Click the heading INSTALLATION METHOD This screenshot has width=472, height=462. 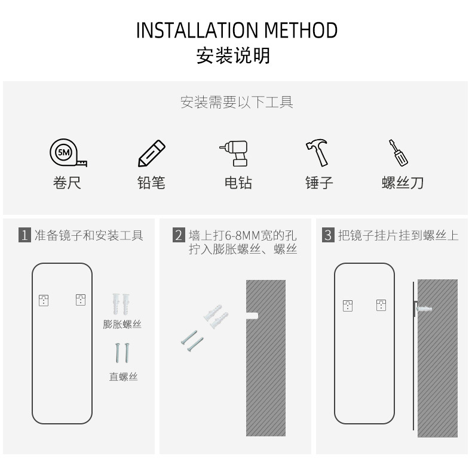point(237,30)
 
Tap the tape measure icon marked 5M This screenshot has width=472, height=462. point(66,153)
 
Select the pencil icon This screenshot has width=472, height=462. point(152,153)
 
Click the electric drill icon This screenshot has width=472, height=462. point(234,153)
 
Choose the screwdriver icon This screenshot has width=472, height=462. point(398,153)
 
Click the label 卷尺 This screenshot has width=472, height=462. point(67,183)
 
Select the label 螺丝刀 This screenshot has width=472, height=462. point(403,183)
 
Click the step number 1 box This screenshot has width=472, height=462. point(24,235)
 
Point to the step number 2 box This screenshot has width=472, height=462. point(178,235)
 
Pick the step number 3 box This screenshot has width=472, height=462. point(327,235)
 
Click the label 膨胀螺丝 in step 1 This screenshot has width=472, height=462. point(122,325)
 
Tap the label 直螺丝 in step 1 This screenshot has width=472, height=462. point(123,377)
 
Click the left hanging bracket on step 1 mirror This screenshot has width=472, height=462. point(44,300)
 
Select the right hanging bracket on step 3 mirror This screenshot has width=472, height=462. point(381,306)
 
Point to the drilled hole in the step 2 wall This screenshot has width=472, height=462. point(252,313)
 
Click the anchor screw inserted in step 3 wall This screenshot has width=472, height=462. point(424,308)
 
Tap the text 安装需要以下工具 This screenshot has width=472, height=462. point(237,103)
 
